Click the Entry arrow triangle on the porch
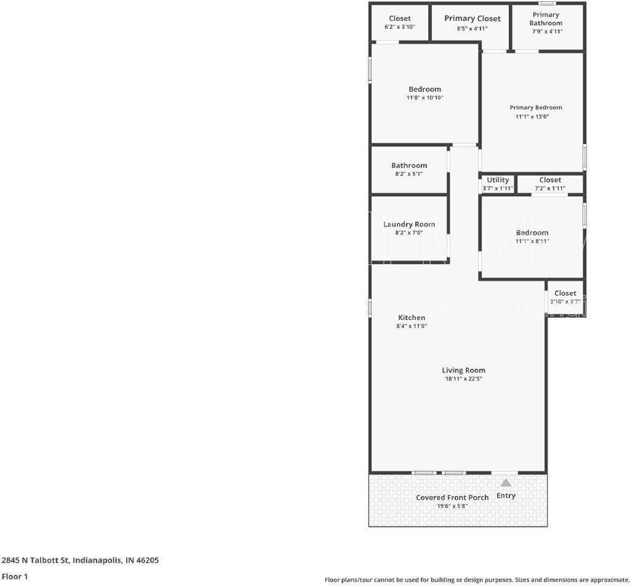point(506,483)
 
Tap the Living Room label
point(463,371)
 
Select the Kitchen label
point(411,318)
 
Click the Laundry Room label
point(409,224)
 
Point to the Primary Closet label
point(472,18)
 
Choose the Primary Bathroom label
point(546,19)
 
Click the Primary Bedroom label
point(536,108)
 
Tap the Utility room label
point(498,180)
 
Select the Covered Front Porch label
point(452,497)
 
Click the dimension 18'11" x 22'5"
point(463,379)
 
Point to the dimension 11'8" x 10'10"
point(425,98)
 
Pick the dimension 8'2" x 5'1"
point(409,174)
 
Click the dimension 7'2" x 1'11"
point(550,188)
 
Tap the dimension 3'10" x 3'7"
point(565,302)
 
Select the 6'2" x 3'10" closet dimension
point(400,27)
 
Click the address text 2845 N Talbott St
point(80,560)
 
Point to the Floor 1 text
point(15,577)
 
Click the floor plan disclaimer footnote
point(477,580)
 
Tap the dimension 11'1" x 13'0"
point(536,116)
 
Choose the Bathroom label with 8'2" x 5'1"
point(409,166)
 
